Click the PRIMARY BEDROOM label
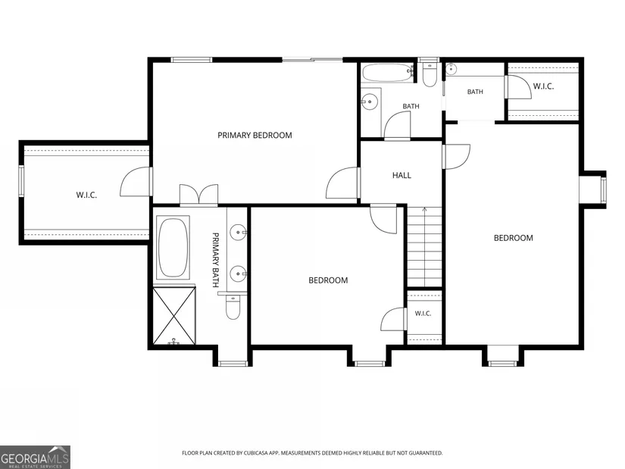[255, 135]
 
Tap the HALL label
[402, 175]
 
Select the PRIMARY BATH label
[216, 260]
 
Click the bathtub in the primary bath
[173, 247]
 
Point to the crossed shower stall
[174, 315]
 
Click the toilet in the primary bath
[232, 306]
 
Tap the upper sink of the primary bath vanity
[239, 232]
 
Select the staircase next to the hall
[424, 246]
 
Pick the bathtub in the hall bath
[387, 72]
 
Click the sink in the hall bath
[370, 102]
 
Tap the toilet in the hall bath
[429, 74]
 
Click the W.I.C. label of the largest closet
[86, 195]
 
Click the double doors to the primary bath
[199, 195]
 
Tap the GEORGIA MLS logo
[35, 457]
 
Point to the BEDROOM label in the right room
[514, 238]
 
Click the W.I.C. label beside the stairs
[423, 314]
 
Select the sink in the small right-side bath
[451, 69]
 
